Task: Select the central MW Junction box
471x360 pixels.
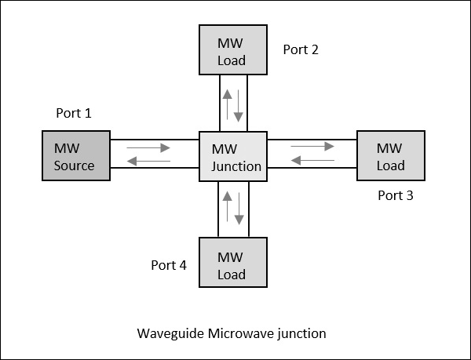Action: pyautogui.click(x=233, y=157)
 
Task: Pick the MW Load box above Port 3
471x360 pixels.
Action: pyautogui.click(x=391, y=156)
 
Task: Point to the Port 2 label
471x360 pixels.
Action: pyautogui.click(x=301, y=49)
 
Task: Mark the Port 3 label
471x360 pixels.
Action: pyautogui.click(x=395, y=195)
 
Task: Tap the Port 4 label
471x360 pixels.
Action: pyautogui.click(x=169, y=264)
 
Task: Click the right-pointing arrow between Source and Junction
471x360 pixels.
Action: pyautogui.click(x=149, y=147)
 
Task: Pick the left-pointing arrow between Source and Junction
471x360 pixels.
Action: pyautogui.click(x=149, y=162)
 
